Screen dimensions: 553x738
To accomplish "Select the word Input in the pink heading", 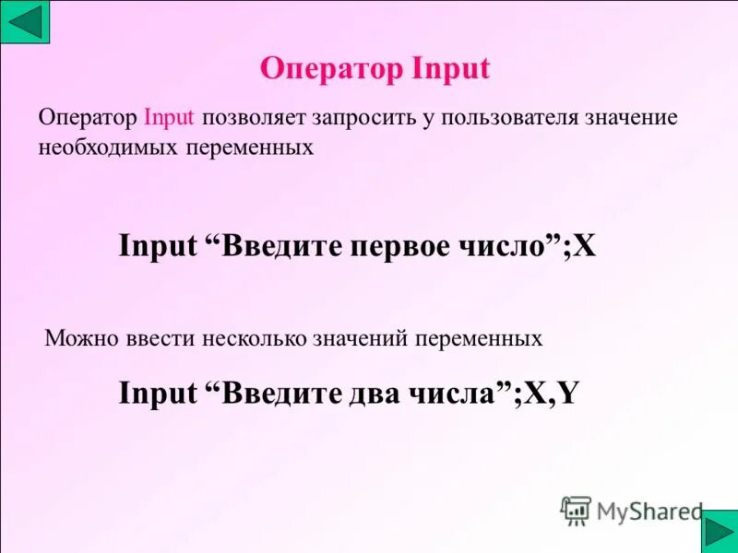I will coord(447,68).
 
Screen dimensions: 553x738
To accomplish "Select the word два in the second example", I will coord(373,394).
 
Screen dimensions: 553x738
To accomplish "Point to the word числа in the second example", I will coord(459,394).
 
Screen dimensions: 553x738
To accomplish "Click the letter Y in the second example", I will coord(568,394).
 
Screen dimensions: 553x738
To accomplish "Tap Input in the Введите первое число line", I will coord(158,246).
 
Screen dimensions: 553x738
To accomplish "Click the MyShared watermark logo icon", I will coord(576,510).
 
